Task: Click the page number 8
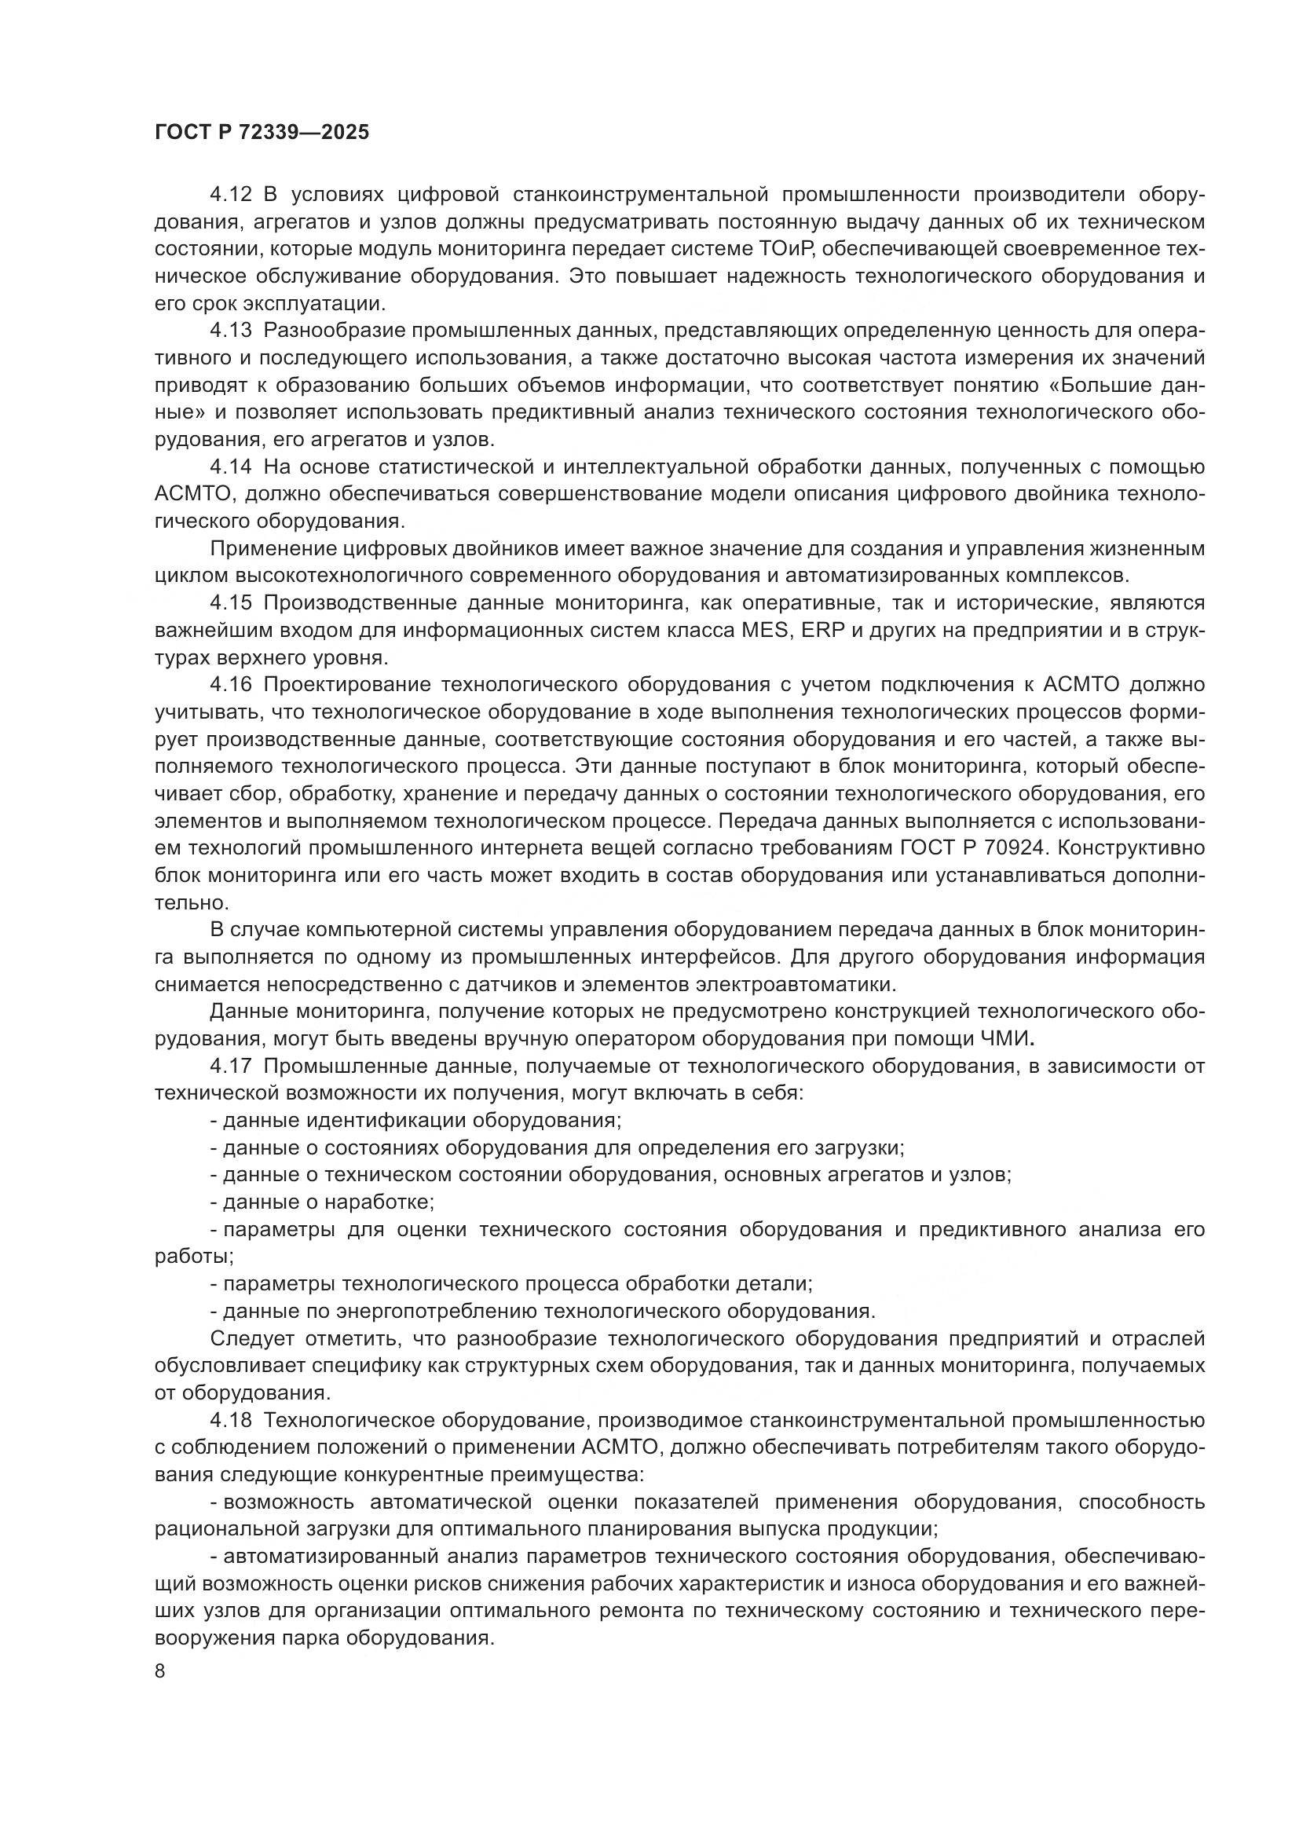coord(160,1671)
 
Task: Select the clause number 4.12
coord(230,196)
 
